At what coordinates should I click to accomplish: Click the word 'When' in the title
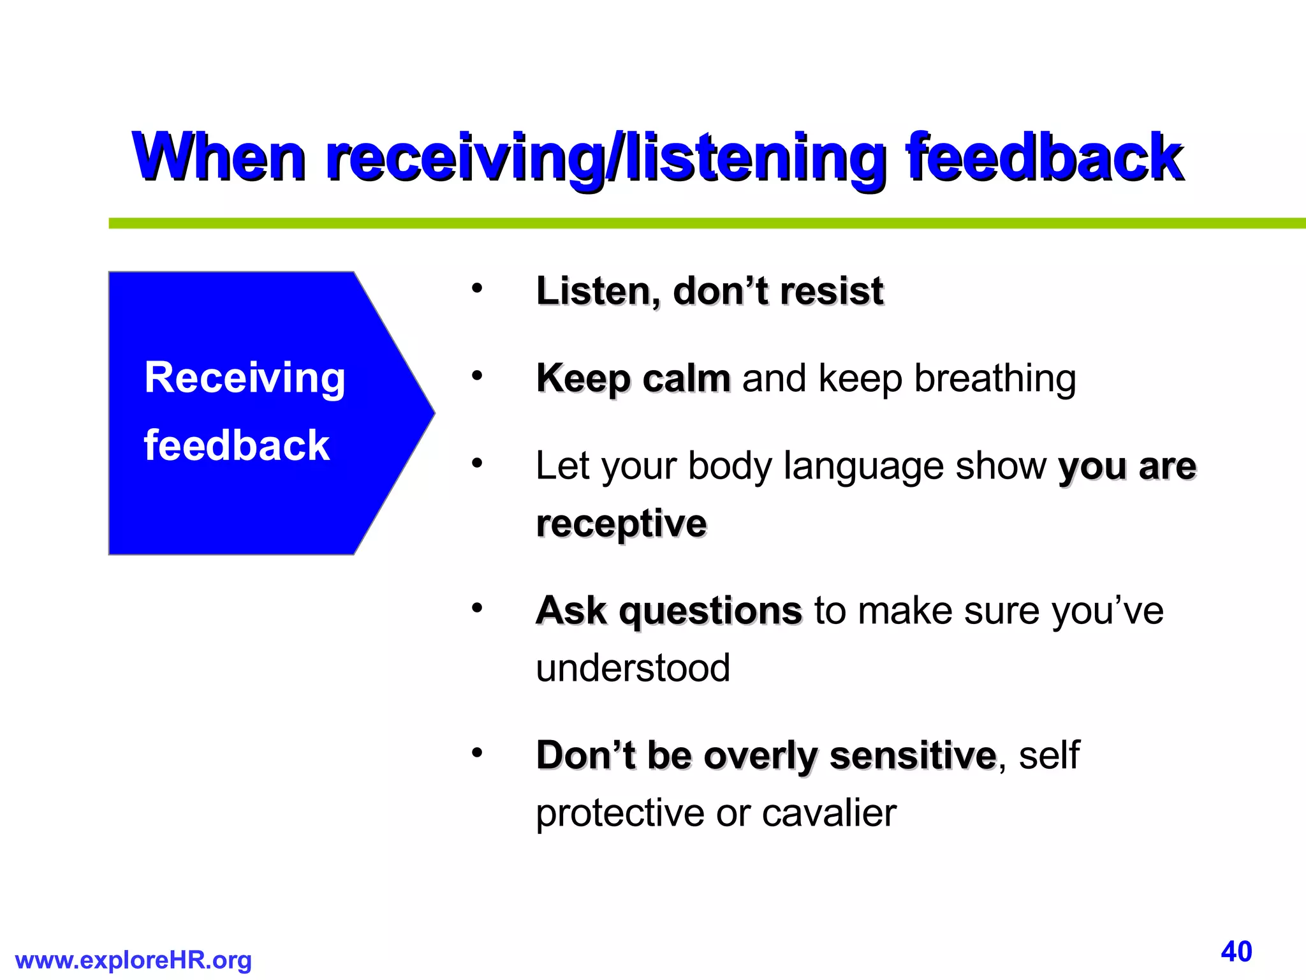[x=219, y=156]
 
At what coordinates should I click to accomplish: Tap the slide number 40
[x=1236, y=951]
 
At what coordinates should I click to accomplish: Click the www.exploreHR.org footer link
[x=133, y=960]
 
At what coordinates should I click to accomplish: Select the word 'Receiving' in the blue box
[x=245, y=378]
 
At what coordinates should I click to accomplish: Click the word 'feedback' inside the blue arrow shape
[x=237, y=445]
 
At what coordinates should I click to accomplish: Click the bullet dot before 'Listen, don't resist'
[x=477, y=289]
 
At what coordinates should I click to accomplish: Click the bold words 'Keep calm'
[x=633, y=378]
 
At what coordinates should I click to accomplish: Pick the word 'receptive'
[x=621, y=524]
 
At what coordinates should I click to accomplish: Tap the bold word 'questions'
[x=710, y=611]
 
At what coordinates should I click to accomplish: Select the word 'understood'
[x=633, y=668]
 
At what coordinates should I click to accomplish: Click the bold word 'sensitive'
[x=913, y=755]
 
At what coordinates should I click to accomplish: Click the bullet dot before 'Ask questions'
[x=477, y=609]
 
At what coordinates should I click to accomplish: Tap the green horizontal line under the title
[x=701, y=223]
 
